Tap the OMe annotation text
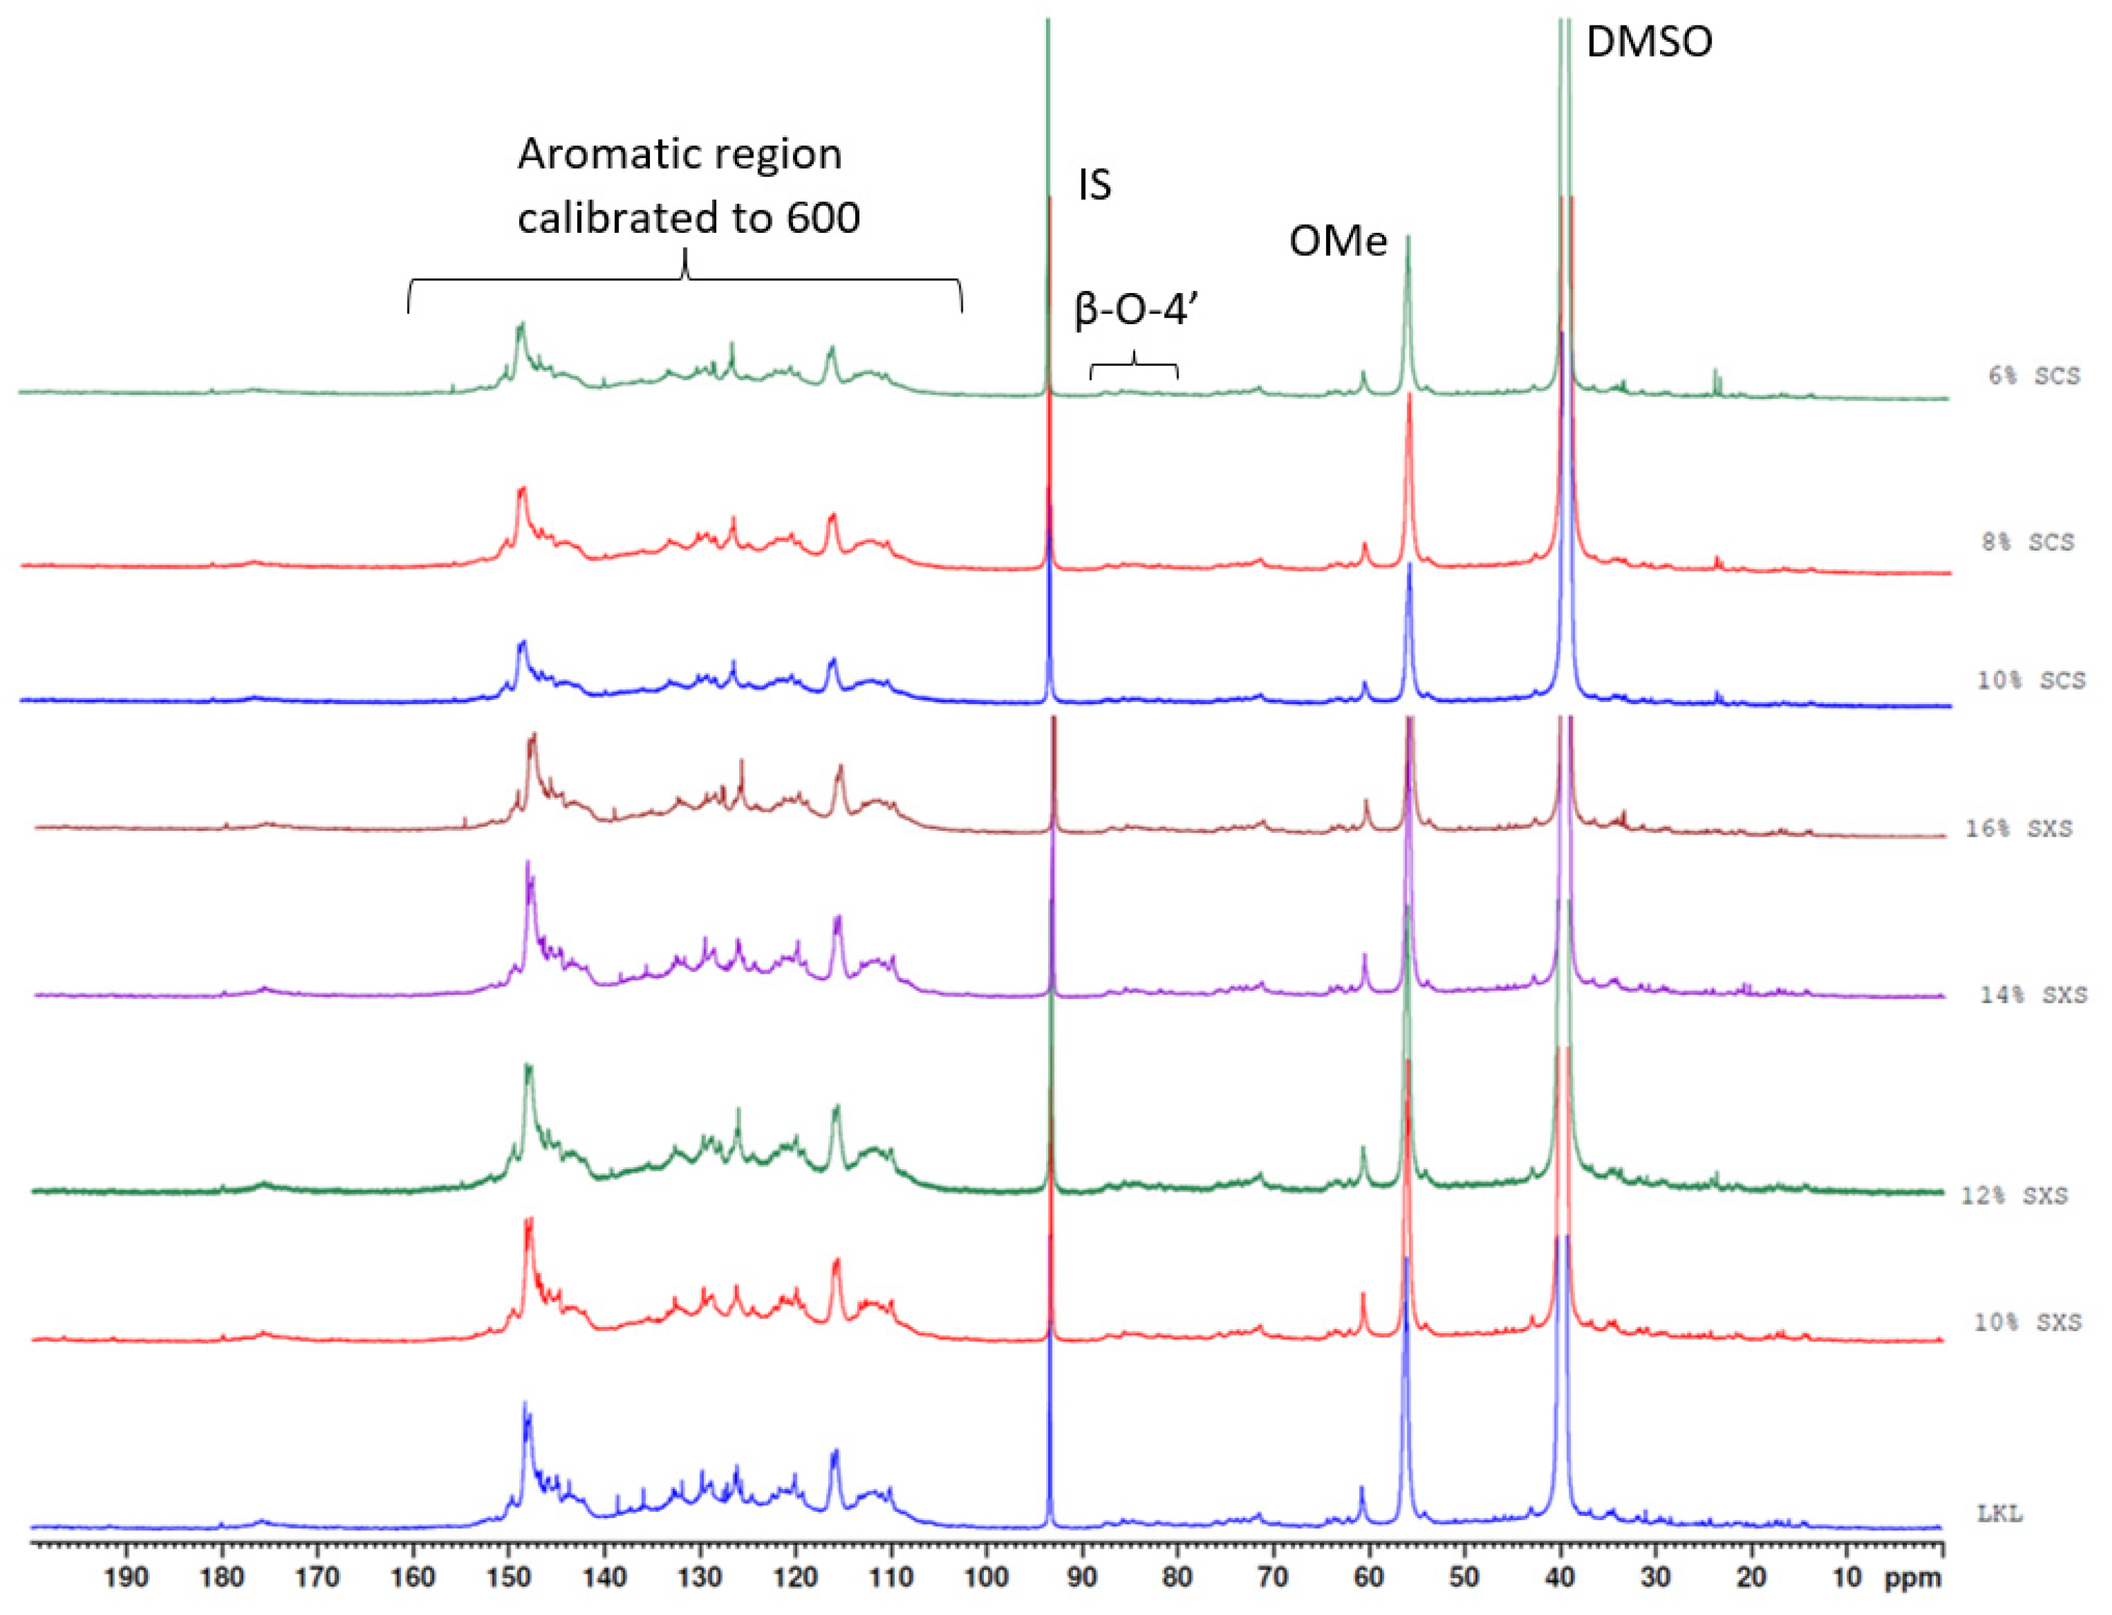point(1337,241)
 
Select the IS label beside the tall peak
point(1093,185)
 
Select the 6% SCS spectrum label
point(2033,376)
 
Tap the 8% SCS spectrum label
point(2027,542)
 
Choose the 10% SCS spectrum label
point(2031,681)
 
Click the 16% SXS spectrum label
point(2018,829)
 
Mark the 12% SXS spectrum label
point(2013,1196)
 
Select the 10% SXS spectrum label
point(2026,1323)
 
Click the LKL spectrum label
point(1999,1513)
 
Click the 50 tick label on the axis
point(1463,1578)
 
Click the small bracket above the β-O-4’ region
point(1134,365)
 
